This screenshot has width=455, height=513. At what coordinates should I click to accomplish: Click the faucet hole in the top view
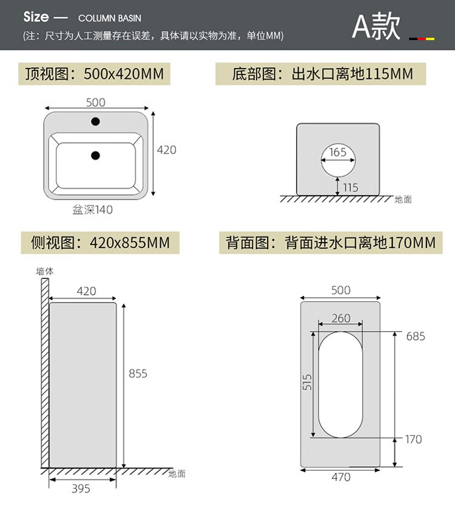click(95, 122)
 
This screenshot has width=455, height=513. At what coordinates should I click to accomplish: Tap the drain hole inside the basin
click(95, 156)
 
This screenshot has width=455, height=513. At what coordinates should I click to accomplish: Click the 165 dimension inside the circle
click(338, 152)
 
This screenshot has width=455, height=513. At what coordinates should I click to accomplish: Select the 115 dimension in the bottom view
click(351, 187)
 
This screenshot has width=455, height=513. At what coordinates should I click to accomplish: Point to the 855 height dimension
click(138, 374)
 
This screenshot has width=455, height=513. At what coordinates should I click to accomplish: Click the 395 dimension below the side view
click(81, 488)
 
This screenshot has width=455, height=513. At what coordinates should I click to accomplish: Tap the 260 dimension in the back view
click(341, 318)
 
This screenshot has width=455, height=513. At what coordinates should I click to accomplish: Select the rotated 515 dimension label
click(308, 381)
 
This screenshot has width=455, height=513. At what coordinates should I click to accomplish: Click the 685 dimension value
click(416, 336)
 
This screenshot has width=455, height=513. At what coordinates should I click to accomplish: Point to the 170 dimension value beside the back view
click(413, 439)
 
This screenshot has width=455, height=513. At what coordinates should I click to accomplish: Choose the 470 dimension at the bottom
click(341, 477)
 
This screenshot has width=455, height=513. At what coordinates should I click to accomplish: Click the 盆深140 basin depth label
click(93, 210)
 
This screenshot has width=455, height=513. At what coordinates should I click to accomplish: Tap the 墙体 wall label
click(45, 272)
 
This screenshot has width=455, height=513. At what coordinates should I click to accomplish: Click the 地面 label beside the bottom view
click(403, 199)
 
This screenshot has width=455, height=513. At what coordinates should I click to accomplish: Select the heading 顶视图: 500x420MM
click(94, 74)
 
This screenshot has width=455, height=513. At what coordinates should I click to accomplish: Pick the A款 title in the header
click(376, 27)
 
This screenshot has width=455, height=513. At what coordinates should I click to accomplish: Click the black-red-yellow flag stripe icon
click(422, 38)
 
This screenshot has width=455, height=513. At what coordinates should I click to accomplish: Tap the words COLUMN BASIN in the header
click(110, 18)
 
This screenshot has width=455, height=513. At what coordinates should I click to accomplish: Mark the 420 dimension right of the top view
click(167, 150)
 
